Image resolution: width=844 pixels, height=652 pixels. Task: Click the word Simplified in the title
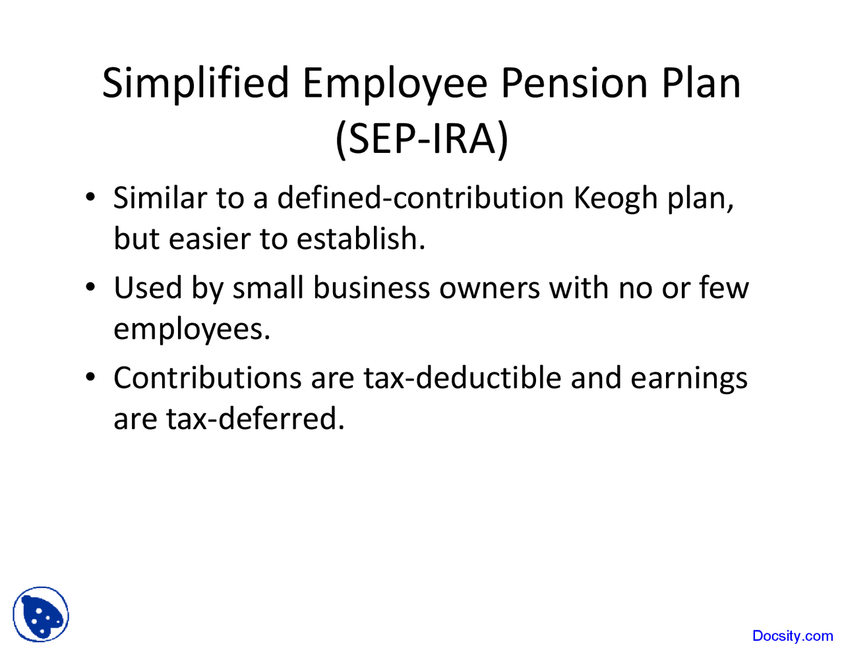196,83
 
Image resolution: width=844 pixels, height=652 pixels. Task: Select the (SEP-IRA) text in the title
422,140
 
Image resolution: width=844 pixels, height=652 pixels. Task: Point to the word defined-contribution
420,198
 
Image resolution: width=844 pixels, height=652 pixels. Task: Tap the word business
371,288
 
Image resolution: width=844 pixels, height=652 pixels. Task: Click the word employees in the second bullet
191,329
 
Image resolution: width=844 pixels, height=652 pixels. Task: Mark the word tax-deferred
255,419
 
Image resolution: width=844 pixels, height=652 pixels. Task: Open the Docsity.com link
793,636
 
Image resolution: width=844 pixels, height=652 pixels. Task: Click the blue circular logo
41,614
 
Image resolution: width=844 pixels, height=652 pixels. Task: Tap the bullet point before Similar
91,198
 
